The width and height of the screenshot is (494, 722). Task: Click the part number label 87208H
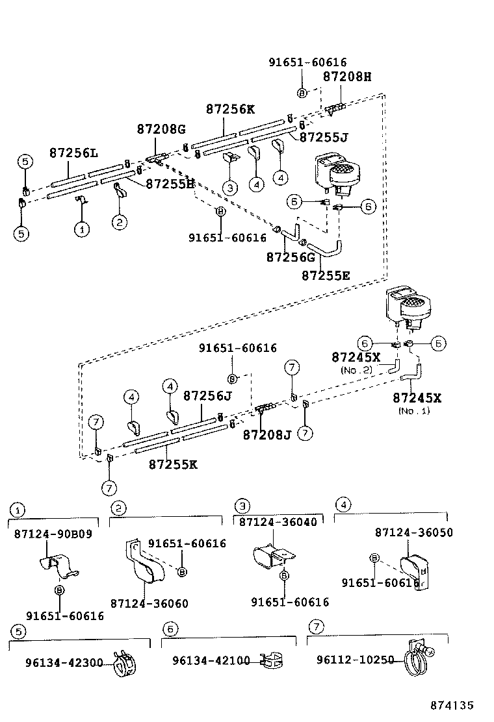pos(347,77)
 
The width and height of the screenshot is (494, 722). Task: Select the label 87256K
pos(231,110)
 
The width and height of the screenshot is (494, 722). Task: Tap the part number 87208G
pos(161,129)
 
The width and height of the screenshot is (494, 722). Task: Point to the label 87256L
pos(73,153)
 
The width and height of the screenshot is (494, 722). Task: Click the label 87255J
pos(324,137)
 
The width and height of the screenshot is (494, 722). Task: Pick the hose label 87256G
pos(291,257)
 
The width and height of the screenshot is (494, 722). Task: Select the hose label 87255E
pos(326,275)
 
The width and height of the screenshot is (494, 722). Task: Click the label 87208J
pos(267,434)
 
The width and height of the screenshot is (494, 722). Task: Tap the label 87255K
pos(173,464)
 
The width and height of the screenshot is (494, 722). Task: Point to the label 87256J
pos(207,395)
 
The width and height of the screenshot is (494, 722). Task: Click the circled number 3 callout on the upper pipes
pos(229,188)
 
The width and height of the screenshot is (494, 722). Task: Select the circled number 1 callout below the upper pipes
pos(81,229)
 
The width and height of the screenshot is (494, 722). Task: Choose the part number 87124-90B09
pos(53,534)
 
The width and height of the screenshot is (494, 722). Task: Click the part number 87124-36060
pos(149,604)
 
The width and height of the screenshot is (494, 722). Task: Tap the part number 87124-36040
pos(278,522)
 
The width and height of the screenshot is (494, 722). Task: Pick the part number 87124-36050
pos(414,532)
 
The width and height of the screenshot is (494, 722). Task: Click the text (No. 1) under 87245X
pos(414,410)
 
